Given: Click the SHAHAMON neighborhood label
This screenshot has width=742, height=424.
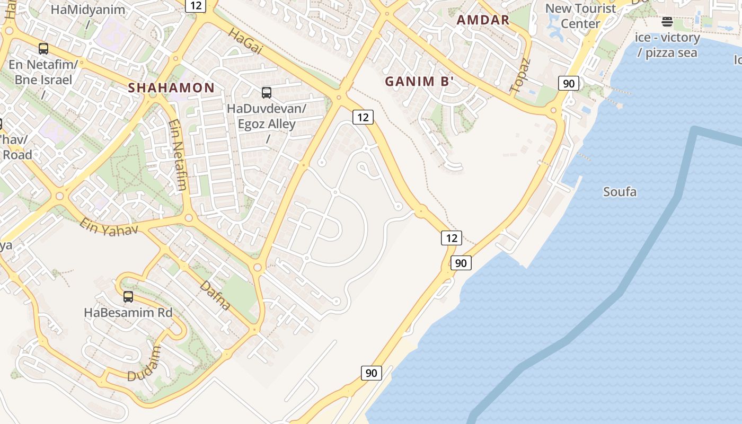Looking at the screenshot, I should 171,88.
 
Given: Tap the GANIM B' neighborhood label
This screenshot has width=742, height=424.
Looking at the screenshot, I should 419,82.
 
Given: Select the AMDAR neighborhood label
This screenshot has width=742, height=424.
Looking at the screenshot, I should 483,21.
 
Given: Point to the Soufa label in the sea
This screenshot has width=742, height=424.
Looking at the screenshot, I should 620,192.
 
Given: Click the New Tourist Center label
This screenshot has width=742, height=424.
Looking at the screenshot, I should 580,16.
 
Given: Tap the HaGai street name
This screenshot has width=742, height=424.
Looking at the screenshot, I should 245,41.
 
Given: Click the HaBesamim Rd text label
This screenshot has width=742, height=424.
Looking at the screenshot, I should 128,313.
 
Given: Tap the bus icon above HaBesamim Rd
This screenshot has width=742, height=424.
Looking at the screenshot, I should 128,297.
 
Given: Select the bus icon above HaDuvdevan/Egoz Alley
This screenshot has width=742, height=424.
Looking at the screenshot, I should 267,93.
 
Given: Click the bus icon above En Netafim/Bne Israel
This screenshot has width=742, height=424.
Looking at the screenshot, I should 43,49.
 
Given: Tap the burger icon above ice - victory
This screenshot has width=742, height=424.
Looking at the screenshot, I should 667,22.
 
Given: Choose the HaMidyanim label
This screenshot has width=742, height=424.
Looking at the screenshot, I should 88,10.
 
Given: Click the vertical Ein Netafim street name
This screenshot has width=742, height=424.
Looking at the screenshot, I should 178,154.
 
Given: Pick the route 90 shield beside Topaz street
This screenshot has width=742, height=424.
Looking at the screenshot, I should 568,83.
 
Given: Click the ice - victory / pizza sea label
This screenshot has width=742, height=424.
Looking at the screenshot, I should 667,45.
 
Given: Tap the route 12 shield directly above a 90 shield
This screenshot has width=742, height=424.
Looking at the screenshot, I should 451,238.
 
